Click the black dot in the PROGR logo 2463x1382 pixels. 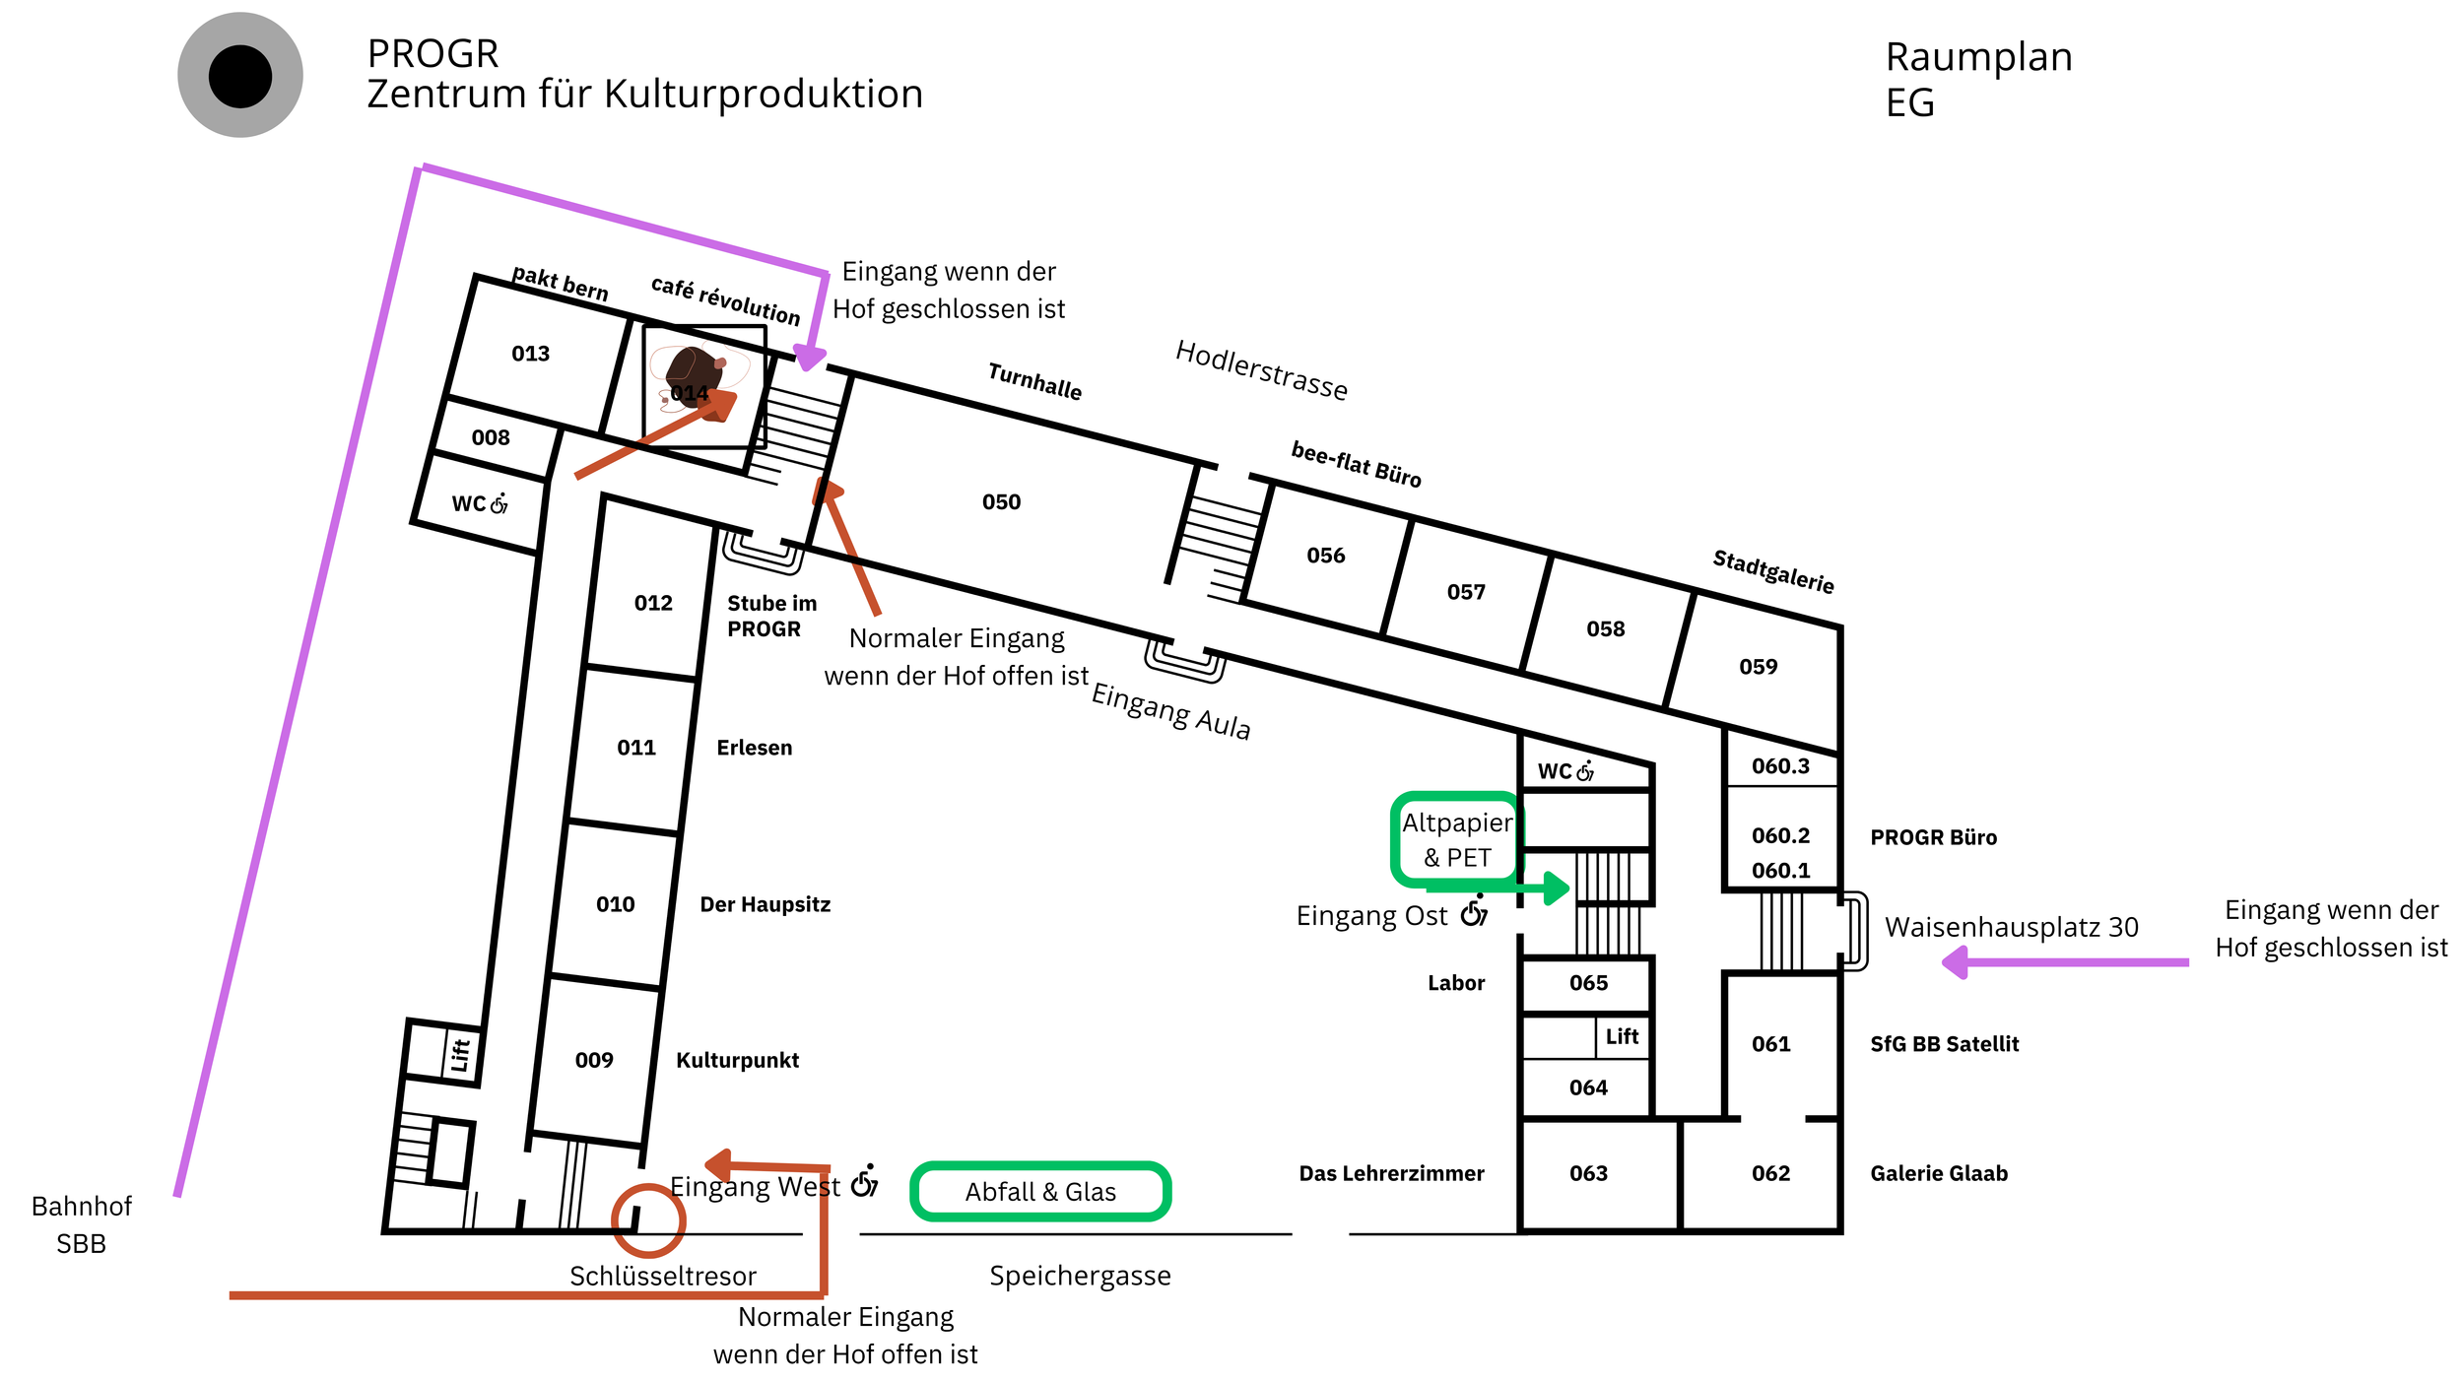[x=239, y=76]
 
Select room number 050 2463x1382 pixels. [x=1001, y=502]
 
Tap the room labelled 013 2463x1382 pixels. [x=530, y=354]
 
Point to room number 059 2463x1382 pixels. [x=1758, y=667]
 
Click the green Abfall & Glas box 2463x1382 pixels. [x=1040, y=1192]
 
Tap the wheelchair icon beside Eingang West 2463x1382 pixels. [x=864, y=1180]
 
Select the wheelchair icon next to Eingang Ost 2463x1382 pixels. [x=1474, y=911]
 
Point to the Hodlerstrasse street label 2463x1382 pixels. [x=1262, y=370]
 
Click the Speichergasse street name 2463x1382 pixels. [x=1080, y=1276]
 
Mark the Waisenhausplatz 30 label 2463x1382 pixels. [x=2011, y=927]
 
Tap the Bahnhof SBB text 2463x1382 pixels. [x=81, y=1224]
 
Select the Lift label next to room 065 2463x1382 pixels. [x=1622, y=1036]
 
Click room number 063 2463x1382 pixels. [x=1588, y=1173]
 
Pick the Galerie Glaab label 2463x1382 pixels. [x=1939, y=1173]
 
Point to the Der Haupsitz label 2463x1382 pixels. [x=765, y=904]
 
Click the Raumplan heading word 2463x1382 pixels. [x=1978, y=57]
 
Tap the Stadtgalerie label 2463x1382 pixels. [x=1773, y=571]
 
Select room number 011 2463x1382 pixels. [x=636, y=748]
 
